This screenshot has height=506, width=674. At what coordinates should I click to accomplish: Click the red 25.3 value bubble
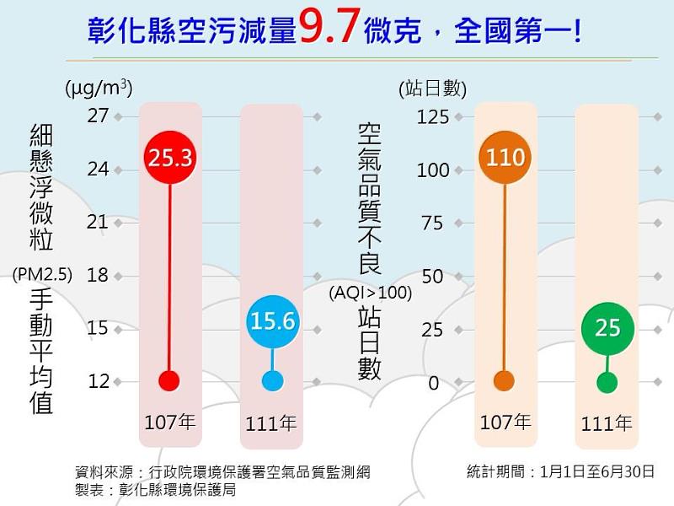click(x=170, y=157)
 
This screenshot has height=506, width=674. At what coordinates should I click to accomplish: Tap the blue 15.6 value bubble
click(x=272, y=320)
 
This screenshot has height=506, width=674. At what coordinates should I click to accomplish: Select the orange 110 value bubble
click(x=505, y=158)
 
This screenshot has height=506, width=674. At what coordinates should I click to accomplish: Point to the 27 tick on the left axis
click(x=99, y=116)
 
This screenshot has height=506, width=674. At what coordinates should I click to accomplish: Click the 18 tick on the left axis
click(x=99, y=275)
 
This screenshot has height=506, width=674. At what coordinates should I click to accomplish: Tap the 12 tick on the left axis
click(x=99, y=381)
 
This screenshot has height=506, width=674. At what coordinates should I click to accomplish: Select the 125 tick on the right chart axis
click(x=433, y=116)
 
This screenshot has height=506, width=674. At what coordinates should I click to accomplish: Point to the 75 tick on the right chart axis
click(x=432, y=223)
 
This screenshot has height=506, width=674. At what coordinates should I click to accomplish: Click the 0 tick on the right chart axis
click(x=433, y=383)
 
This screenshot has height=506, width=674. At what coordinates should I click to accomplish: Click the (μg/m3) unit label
click(x=99, y=87)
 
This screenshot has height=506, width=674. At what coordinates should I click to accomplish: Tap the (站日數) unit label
click(x=431, y=87)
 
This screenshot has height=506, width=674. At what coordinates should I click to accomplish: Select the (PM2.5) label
click(x=42, y=272)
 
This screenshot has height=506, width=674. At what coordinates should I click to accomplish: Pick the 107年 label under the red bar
click(x=170, y=422)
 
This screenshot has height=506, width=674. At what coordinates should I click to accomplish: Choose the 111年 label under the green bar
click(x=607, y=423)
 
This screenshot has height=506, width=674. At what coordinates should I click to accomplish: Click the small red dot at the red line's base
click(x=170, y=380)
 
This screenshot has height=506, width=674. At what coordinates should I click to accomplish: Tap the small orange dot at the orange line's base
click(x=505, y=380)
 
